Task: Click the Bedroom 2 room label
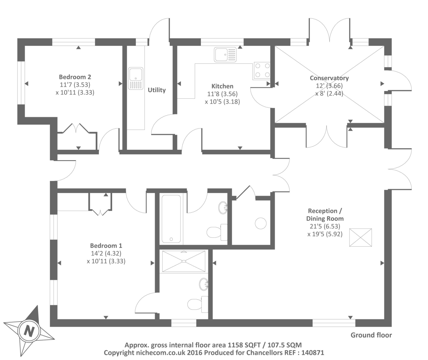coord(75,77)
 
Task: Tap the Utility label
coord(157,90)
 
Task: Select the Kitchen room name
coord(223,86)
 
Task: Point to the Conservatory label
coord(329,78)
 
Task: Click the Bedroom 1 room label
coord(106,246)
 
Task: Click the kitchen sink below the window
coord(225,55)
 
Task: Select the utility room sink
coord(136,79)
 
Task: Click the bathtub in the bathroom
coord(171,219)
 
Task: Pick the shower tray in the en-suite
coord(184,261)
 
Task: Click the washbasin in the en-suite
coord(204,284)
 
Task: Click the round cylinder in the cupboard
coord(261,223)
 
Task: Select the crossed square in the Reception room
coord(361,237)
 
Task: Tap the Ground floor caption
coord(371,335)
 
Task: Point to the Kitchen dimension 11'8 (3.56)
coord(223,94)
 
